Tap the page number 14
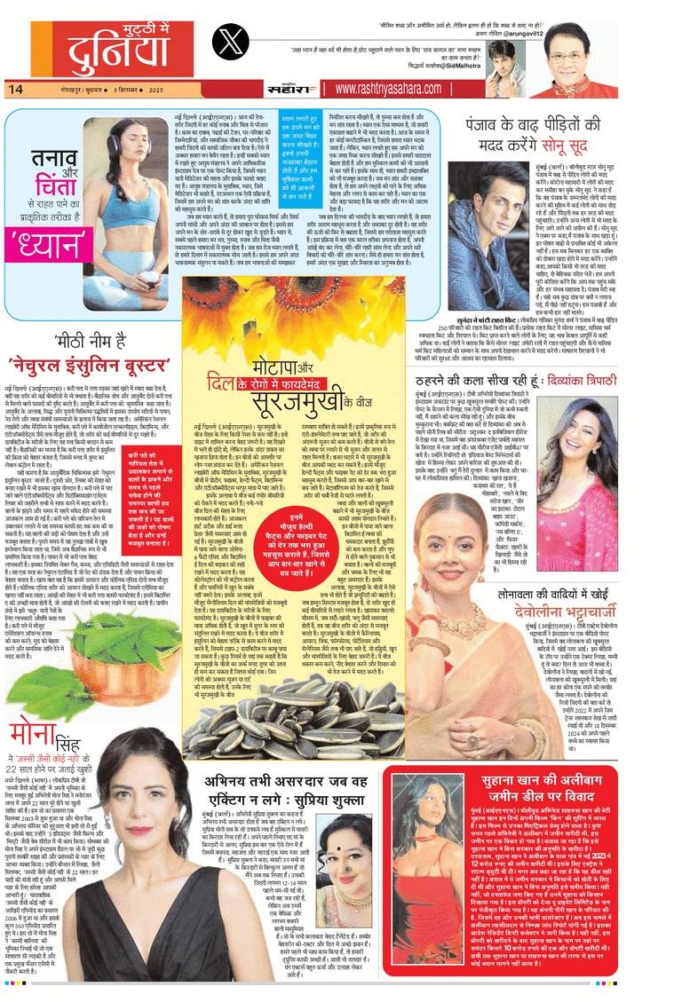(15, 88)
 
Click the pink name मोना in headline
(36, 735)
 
